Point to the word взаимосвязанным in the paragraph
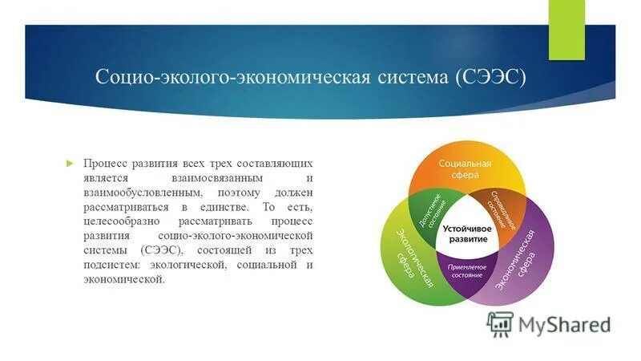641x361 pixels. click(x=219, y=178)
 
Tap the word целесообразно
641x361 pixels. click(x=121, y=222)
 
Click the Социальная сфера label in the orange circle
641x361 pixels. click(x=465, y=169)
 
